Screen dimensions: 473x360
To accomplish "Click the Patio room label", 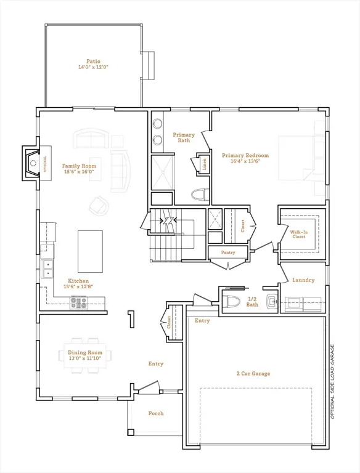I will pyautogui.click(x=93, y=64).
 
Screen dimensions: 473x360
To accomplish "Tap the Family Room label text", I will pyautogui.click(x=79, y=169).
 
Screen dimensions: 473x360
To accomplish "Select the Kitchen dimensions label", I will pyautogui.click(x=78, y=286).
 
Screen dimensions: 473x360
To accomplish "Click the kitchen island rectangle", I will pyautogui.click(x=89, y=251).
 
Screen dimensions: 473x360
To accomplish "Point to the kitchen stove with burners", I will pyautogui.click(x=79, y=302).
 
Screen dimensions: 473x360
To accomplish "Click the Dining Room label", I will pyautogui.click(x=84, y=355).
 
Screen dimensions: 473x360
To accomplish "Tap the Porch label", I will pyautogui.click(x=156, y=413).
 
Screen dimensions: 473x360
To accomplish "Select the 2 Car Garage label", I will pyautogui.click(x=253, y=373).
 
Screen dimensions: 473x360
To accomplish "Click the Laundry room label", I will pyautogui.click(x=303, y=280).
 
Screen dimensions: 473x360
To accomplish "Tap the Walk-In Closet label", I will pyautogui.click(x=298, y=234).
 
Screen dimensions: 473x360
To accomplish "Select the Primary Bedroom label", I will pyautogui.click(x=245, y=158).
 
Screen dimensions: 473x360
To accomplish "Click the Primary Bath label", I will pyautogui.click(x=184, y=137).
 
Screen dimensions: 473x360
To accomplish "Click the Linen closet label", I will pyautogui.click(x=204, y=163).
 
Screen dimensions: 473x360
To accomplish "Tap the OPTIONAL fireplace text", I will pyautogui.click(x=44, y=164).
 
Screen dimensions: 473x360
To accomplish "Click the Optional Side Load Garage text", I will pyautogui.click(x=332, y=382).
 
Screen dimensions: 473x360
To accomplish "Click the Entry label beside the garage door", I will pyautogui.click(x=202, y=320).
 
